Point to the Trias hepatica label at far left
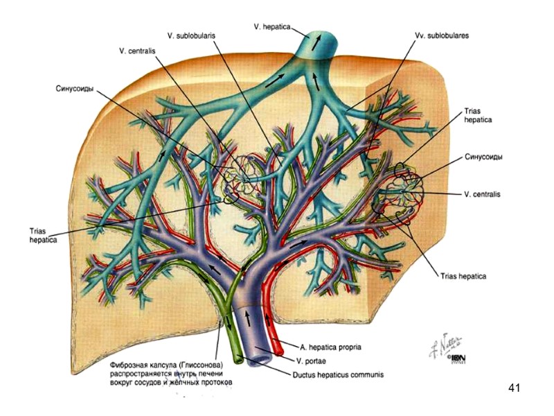coord(43,235)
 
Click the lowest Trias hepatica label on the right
coord(463,276)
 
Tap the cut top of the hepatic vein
coord(316,40)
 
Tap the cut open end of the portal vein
coord(259,360)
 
